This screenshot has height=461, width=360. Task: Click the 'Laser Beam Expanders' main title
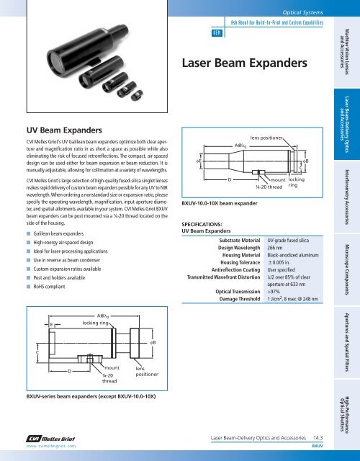coord(245,63)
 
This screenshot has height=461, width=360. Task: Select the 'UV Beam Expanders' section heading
coord(64,130)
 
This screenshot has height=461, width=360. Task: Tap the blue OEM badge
coord(217,33)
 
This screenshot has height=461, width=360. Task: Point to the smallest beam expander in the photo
coord(137,95)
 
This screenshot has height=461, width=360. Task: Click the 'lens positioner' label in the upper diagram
coord(266,138)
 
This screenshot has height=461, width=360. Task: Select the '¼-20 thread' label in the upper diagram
coord(269,187)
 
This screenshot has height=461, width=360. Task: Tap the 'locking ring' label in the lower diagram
coord(95,323)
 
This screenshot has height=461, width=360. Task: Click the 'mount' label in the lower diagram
coord(112,368)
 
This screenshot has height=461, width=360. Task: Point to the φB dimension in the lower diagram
coord(153,343)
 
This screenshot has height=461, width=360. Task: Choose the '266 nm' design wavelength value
coord(275,248)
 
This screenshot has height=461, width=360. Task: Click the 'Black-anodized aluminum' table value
coord(293,255)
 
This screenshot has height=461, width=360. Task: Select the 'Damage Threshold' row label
coord(240,299)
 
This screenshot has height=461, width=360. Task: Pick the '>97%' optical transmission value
coord(274,292)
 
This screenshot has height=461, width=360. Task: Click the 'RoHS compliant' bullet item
coord(49,287)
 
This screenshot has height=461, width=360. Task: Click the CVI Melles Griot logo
coord(50,439)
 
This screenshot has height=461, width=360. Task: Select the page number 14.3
coord(318,438)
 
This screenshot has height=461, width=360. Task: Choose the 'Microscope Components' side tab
coord(347,270)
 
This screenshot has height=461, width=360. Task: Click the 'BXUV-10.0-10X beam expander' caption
coord(220,203)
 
